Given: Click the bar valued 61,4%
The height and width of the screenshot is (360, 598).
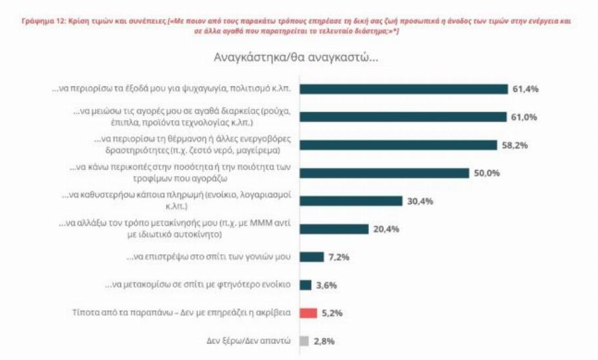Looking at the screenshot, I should click(x=403, y=90).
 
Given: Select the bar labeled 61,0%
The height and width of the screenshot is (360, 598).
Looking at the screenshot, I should click(x=403, y=118).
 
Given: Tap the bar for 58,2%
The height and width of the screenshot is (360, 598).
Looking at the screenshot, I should click(x=398, y=145).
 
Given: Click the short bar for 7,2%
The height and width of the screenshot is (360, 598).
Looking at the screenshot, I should click(x=312, y=257).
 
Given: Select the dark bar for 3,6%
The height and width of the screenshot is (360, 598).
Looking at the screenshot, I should click(x=306, y=285).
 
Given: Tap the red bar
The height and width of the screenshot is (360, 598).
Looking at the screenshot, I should click(x=308, y=313).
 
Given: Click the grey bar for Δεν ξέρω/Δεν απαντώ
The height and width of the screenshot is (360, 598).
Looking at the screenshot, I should click(x=304, y=341).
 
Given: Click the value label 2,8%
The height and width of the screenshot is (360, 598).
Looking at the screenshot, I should click(x=326, y=341).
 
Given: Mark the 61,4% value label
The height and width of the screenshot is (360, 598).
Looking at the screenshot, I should click(x=524, y=90).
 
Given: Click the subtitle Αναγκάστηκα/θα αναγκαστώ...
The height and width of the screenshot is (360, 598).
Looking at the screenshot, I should click(x=296, y=57).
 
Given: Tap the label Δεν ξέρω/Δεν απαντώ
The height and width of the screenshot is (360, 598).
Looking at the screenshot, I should click(x=249, y=341).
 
